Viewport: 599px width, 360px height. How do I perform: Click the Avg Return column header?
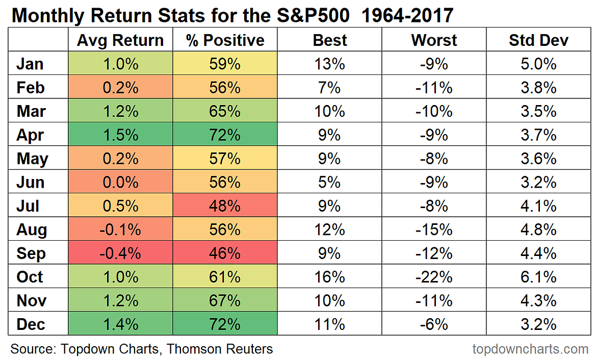click(x=120, y=40)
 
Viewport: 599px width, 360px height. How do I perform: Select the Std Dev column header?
click(x=538, y=40)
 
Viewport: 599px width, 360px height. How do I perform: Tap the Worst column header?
click(x=434, y=40)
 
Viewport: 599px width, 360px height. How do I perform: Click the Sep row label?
click(x=31, y=253)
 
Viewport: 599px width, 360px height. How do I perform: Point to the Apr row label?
click(x=30, y=135)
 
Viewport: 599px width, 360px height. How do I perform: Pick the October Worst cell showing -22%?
click(x=434, y=277)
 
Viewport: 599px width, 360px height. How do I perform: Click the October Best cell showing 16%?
click(x=329, y=277)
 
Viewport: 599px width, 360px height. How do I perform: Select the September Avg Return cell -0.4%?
click(x=120, y=253)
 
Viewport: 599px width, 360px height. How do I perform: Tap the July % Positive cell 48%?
click(x=225, y=206)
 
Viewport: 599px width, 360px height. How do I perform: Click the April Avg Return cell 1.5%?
click(x=120, y=135)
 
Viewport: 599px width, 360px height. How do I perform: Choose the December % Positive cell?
click(x=225, y=324)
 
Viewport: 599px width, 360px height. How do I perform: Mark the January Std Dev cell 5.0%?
click(x=538, y=64)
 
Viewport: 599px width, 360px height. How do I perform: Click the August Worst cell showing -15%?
click(x=434, y=229)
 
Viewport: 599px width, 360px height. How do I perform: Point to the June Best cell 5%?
click(x=329, y=183)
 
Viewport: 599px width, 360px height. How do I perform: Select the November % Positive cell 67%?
click(x=225, y=301)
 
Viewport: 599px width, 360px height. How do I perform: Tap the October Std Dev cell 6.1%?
click(x=538, y=277)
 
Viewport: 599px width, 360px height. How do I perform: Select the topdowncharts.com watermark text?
click(x=530, y=349)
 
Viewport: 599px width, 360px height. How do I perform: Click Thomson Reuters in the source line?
click(x=220, y=349)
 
